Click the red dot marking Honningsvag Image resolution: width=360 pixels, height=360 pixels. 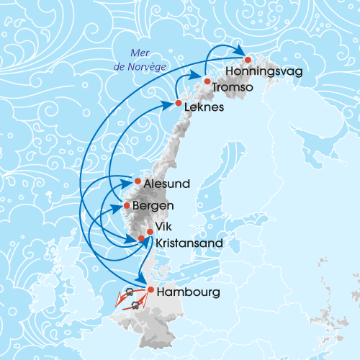pyautogui.click(x=248, y=60)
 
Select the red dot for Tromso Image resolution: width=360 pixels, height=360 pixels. pyautogui.click(x=207, y=81)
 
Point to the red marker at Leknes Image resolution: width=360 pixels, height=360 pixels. pyautogui.click(x=178, y=104)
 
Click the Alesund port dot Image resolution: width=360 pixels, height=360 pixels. pyautogui.click(x=138, y=181)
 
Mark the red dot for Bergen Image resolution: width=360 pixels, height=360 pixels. pyautogui.click(x=127, y=205)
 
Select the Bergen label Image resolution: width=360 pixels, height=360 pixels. pyautogui.click(x=153, y=207)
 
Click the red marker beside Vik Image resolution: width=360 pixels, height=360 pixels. pyautogui.click(x=150, y=231)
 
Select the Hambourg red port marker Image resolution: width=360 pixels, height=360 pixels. pyautogui.click(x=150, y=289)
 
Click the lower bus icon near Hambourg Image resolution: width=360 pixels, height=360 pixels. pyautogui.click(x=135, y=305)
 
